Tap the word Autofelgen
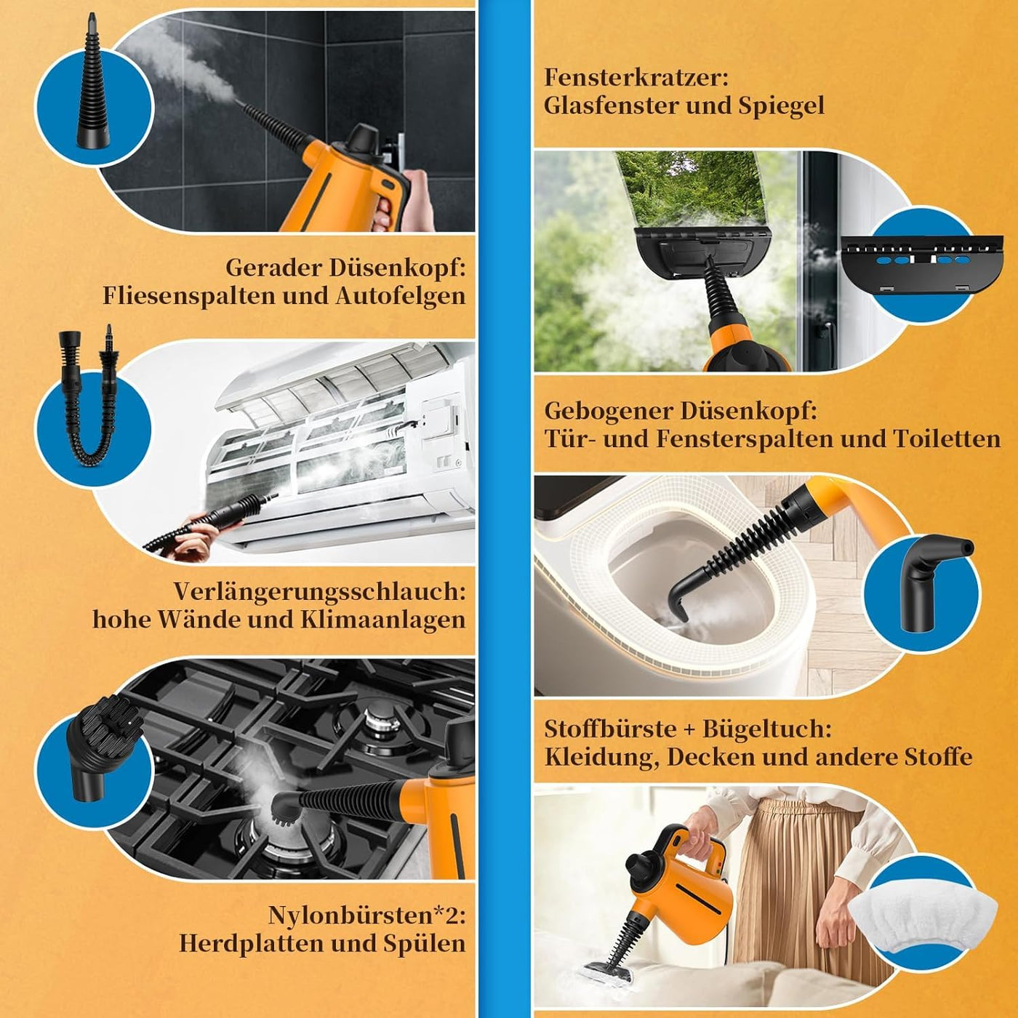(x=401, y=296)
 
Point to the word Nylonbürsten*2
(x=366, y=915)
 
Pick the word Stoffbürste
(x=609, y=729)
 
